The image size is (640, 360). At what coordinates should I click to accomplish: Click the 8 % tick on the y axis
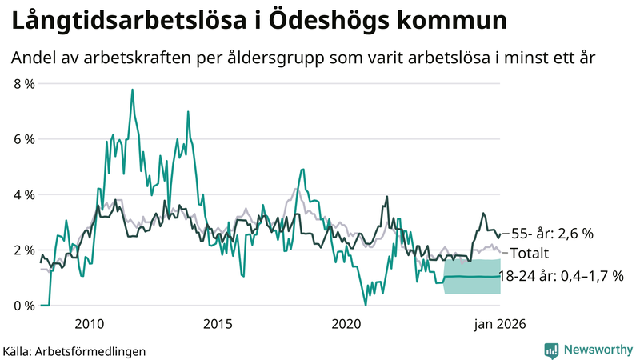[x=24, y=83]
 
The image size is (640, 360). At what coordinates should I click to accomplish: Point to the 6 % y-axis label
[x=24, y=139]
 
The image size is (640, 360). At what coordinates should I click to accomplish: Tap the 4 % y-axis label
[x=24, y=194]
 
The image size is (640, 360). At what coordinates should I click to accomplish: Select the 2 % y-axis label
[x=24, y=250]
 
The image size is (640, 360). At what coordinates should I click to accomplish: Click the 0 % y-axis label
[x=24, y=306]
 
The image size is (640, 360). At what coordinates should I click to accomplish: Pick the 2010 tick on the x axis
[x=90, y=323]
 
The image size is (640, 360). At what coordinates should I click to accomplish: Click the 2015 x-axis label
[x=218, y=323]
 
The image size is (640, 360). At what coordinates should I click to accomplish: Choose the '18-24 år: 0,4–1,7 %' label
[x=560, y=276]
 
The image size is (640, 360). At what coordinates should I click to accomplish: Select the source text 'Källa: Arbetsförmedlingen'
[x=74, y=350]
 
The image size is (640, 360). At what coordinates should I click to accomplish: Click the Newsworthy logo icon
[x=551, y=350]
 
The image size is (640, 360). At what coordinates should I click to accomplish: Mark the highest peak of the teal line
[x=132, y=90]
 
